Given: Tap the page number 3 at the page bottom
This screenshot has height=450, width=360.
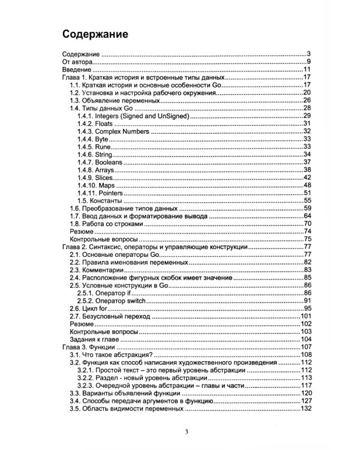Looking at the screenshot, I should (187, 432).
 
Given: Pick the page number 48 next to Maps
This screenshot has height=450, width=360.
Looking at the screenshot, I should (306, 185).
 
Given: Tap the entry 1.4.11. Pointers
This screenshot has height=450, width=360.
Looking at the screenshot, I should (101, 193).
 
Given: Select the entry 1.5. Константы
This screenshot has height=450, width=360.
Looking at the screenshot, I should (101, 200).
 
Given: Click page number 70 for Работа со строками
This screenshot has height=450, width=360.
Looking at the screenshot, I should (306, 224).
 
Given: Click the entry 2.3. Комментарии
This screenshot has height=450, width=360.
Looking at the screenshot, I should (100, 270).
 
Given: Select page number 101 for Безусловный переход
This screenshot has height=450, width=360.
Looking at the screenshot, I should (304, 316).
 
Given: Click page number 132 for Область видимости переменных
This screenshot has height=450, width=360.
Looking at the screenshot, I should (304, 409).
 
